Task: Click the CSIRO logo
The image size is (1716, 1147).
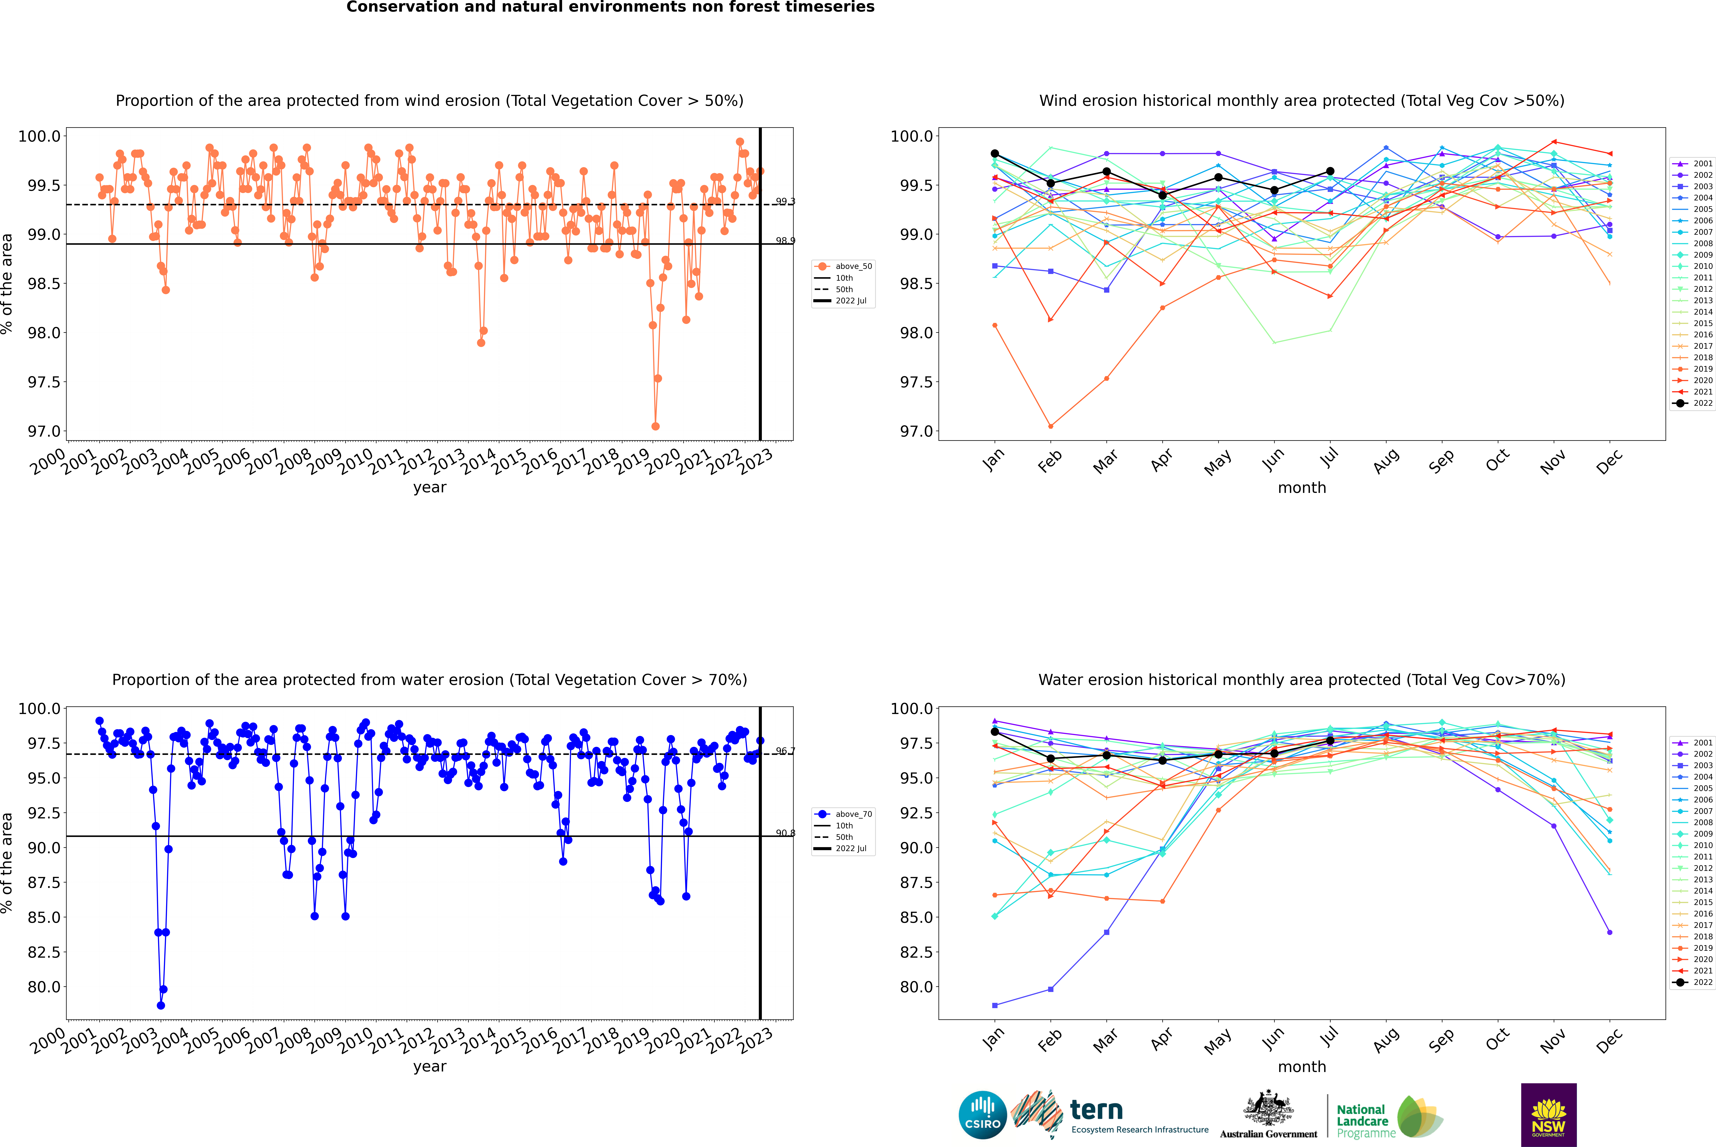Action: click(x=982, y=1115)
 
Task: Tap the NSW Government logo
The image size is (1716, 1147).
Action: click(x=1548, y=1115)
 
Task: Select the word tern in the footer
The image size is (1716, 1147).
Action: click(x=1096, y=1110)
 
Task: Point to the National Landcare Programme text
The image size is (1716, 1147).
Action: click(x=1362, y=1121)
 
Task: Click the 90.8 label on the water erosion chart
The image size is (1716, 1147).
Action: click(x=785, y=833)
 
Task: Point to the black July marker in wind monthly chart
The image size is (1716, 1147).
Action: click(x=1330, y=171)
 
